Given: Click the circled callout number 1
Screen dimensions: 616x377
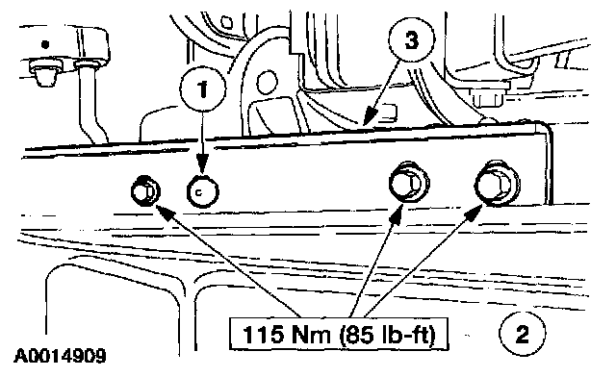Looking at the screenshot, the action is coord(203,89).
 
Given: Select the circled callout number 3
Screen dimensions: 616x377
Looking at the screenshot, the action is coord(412,40).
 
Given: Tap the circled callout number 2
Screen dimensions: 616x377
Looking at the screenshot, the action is coord(523,334).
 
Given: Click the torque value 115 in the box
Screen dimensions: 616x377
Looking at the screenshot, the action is coord(263,334).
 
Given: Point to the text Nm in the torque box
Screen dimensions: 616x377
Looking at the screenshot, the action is coord(310,334).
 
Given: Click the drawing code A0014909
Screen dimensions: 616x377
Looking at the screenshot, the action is coord(61,356).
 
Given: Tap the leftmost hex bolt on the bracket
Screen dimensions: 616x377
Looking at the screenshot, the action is coord(145,191).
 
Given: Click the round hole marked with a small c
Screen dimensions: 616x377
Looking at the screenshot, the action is coord(203,191).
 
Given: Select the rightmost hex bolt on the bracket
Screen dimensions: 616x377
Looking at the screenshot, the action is coord(497,184).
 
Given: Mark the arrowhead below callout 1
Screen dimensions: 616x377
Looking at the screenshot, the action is coord(202,163).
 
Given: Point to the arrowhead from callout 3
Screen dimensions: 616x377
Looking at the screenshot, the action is coord(370,116).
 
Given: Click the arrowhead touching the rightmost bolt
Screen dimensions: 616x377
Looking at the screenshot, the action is coord(474,211).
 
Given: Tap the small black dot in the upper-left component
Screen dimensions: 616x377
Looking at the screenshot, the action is coord(45,44).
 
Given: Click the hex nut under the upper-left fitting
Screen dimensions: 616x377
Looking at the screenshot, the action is coord(44,72).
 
